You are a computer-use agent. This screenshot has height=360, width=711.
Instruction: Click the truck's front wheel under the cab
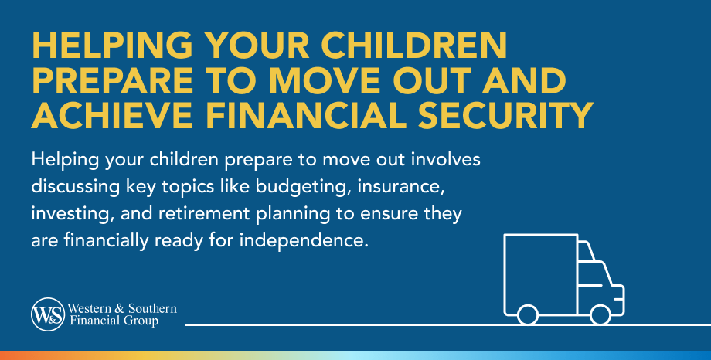pyautogui.click(x=600, y=314)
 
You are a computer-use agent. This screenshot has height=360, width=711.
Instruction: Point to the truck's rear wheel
pyautogui.click(x=528, y=314)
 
